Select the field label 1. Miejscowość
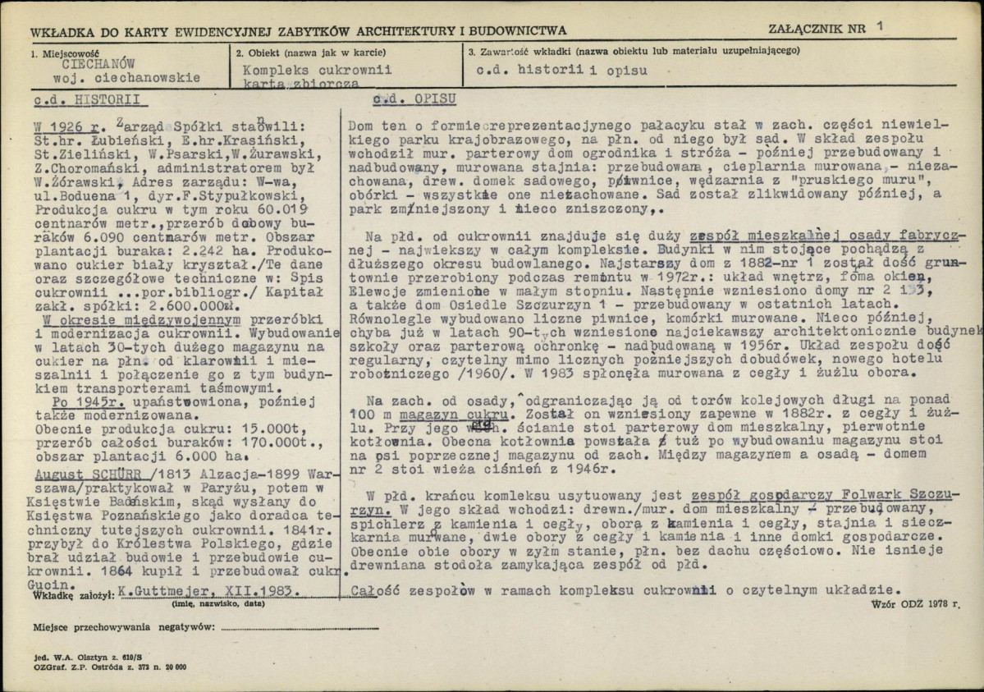63,52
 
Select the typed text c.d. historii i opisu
561,71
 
